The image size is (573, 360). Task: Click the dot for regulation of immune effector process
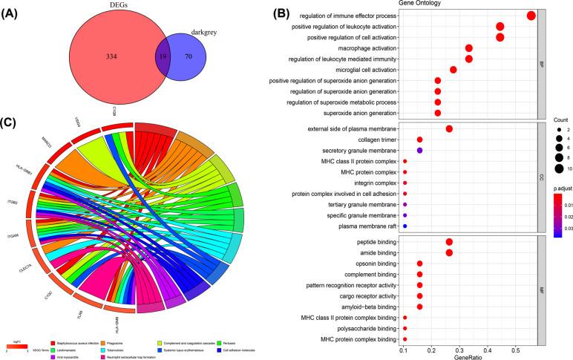coord(531,16)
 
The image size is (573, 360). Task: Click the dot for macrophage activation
coord(469,48)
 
